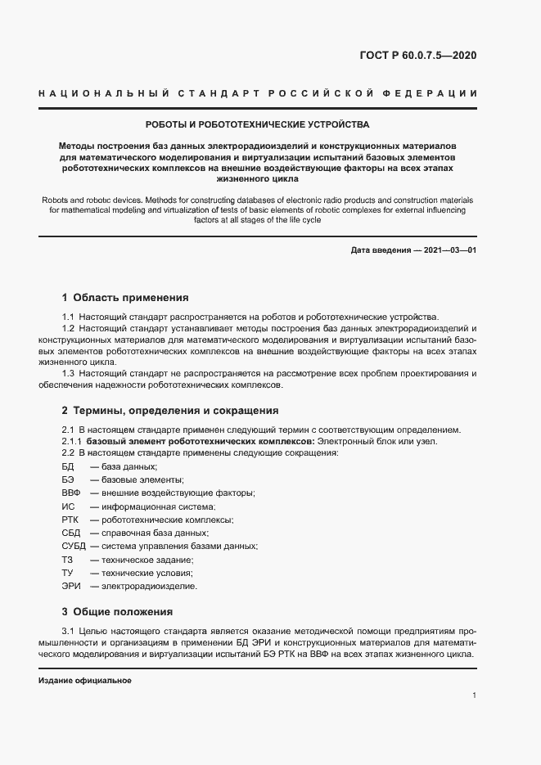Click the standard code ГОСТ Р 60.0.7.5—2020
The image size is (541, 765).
click(x=418, y=56)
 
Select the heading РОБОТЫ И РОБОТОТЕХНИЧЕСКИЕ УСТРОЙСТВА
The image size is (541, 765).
click(x=257, y=125)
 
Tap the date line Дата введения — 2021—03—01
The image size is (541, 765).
click(x=413, y=250)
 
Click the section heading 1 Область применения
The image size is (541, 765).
click(x=125, y=298)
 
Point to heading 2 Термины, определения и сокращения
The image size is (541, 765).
click(x=170, y=411)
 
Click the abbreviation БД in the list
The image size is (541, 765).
click(x=68, y=466)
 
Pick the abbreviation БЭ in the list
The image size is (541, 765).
click(x=68, y=479)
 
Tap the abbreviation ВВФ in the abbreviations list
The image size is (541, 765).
click(x=70, y=493)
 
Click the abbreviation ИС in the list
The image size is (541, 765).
click(x=68, y=506)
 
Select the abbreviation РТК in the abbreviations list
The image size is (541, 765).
click(x=70, y=520)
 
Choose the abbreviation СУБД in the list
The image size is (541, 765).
click(x=74, y=546)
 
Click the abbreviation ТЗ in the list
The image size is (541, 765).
click(x=67, y=560)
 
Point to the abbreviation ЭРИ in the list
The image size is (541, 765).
click(x=70, y=586)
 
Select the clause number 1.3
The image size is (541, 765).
click(x=69, y=374)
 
